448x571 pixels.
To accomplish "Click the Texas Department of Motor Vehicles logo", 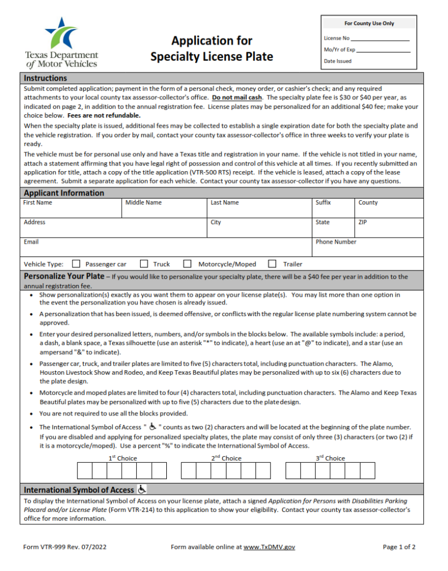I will coord(61,42).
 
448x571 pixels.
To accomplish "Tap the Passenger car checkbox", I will coord(76,264).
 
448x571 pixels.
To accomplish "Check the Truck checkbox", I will coord(144,264).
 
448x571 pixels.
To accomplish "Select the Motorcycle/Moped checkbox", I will coord(187,264).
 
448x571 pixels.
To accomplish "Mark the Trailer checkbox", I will coord(272,264).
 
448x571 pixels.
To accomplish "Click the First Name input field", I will coord(71,211).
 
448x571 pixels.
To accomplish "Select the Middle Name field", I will coord(164,211).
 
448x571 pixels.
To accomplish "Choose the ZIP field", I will coord(388,230).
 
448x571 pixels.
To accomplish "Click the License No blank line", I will coord(380,38).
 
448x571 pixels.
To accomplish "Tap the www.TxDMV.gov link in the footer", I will coord(269,547).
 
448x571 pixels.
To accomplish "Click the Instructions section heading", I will coord(46,78).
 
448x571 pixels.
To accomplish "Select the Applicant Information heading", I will coord(64,193).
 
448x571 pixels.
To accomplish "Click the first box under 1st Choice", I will coord(84,471).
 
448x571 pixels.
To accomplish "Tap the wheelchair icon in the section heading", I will coord(142,490).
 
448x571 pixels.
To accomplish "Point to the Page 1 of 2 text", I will coord(399,547).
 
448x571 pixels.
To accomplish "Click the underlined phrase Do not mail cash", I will coord(237,97).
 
